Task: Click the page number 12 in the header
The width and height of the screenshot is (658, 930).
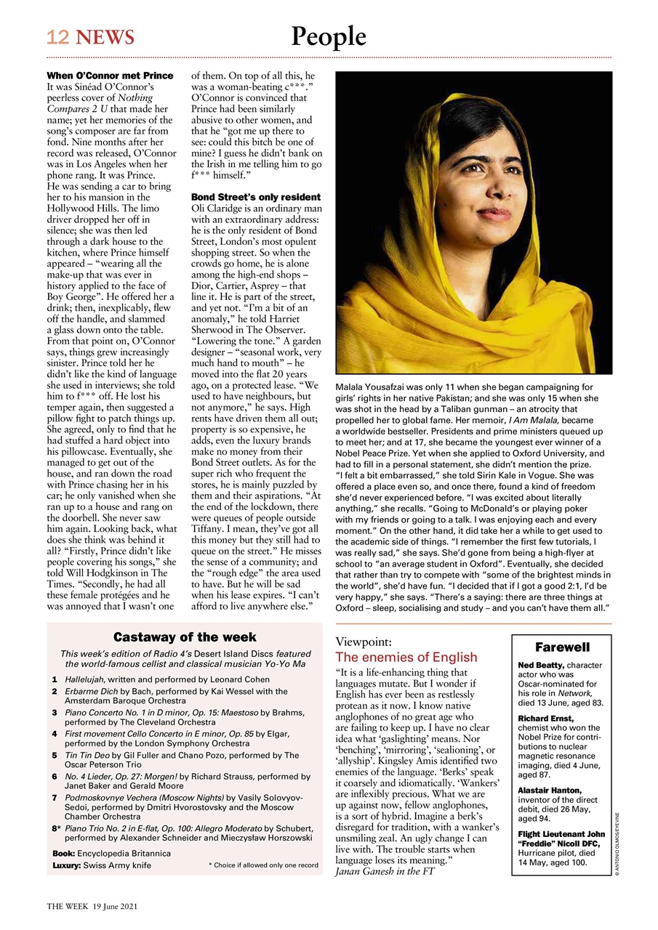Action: (x=58, y=38)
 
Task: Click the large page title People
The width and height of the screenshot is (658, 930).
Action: (x=329, y=36)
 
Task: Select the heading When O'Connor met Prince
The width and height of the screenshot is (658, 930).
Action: (x=110, y=76)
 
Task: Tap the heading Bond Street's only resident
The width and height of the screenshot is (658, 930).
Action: (x=255, y=197)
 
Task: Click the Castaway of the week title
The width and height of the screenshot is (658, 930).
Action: (x=185, y=637)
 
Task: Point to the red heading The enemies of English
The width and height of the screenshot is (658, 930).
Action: (x=406, y=658)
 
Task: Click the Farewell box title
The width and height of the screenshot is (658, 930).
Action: (x=562, y=647)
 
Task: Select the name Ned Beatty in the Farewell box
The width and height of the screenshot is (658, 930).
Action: (x=541, y=665)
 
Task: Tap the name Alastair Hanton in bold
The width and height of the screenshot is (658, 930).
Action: (x=549, y=790)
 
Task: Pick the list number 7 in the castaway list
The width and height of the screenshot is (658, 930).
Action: (x=55, y=798)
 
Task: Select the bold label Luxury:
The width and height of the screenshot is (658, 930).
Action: (x=66, y=866)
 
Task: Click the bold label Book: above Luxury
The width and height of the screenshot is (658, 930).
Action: (x=63, y=853)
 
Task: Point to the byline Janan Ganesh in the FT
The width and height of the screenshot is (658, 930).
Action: (x=385, y=871)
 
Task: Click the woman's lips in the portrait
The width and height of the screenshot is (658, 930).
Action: (x=496, y=215)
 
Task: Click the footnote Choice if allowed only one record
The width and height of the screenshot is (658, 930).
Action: (x=263, y=865)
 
